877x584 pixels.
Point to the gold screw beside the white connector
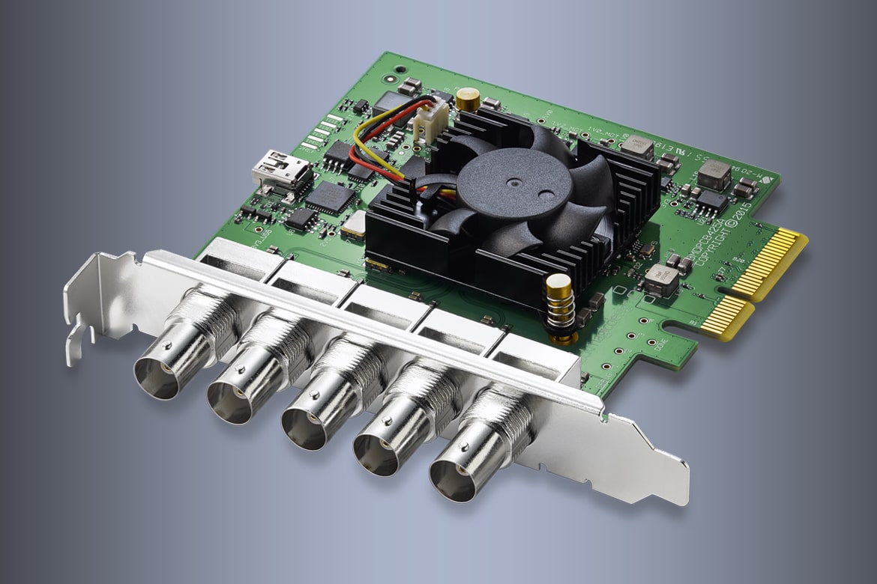pos(468,97)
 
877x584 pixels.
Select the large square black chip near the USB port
pos(331,196)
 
